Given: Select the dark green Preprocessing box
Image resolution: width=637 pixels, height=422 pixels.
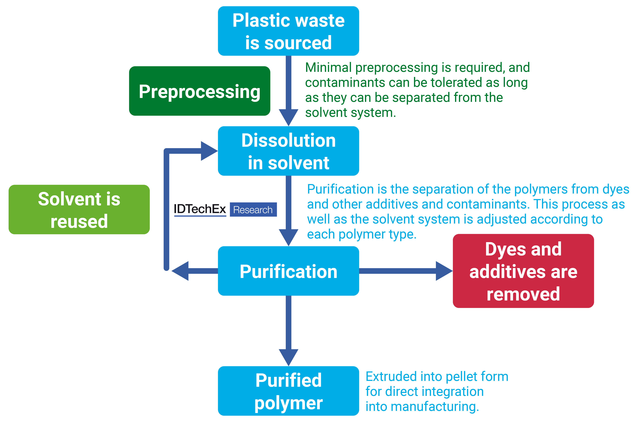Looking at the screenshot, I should point(199,91).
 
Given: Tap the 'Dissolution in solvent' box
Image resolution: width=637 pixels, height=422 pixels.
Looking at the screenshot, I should point(288,151).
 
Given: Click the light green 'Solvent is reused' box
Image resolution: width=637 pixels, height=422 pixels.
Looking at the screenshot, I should point(79,210).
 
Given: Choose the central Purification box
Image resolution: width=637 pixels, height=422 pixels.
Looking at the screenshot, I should point(288,271).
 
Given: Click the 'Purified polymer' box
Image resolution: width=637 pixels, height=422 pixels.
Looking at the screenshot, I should point(288,391).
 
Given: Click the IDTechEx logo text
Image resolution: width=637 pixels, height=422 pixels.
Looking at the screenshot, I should point(200,209).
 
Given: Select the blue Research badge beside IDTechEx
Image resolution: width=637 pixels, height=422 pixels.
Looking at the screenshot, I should point(253,210).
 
